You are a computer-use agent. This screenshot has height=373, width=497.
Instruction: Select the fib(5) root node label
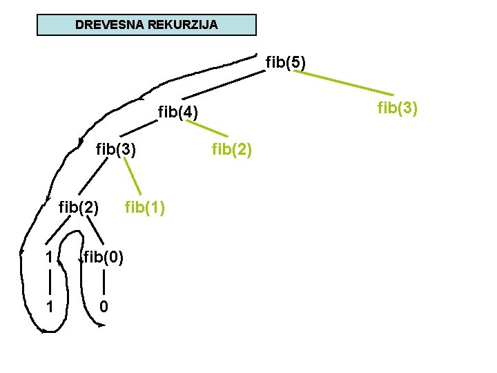pos(286,63)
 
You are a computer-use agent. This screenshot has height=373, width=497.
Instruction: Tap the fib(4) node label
pos(178,111)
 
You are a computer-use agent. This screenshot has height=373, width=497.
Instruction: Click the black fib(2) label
pos(79,207)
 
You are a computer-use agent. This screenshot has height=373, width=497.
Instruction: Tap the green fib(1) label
pos(144,207)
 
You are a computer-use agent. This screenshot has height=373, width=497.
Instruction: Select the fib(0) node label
pos(104,258)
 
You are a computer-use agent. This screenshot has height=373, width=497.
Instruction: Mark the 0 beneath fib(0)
pos(103,305)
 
